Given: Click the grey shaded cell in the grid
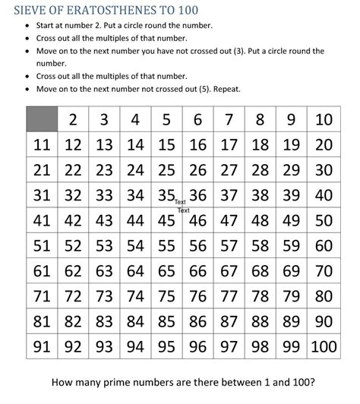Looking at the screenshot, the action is pyautogui.click(x=42, y=121).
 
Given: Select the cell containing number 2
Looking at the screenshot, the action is pyautogui.click(x=74, y=121).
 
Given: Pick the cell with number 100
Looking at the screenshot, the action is pyautogui.click(x=323, y=347).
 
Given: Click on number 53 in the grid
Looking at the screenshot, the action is pyautogui.click(x=105, y=246).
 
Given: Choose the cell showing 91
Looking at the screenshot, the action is pyautogui.click(x=42, y=347).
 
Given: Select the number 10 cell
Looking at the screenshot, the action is pyautogui.click(x=323, y=121).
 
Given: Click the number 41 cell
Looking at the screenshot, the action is pyautogui.click(x=42, y=221).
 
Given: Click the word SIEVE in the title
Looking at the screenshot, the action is pyautogui.click(x=30, y=10).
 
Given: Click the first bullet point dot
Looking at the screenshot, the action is pyautogui.click(x=28, y=25).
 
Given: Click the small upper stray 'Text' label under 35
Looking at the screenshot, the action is pyautogui.click(x=181, y=203).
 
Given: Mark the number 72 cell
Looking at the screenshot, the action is pyautogui.click(x=74, y=296).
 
